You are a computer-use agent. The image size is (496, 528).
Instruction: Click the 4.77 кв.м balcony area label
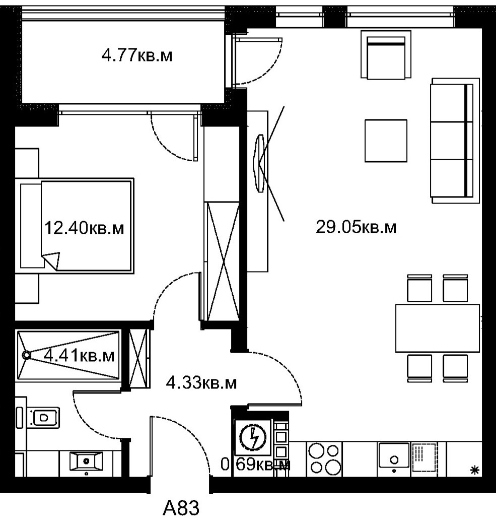click(x=137, y=55)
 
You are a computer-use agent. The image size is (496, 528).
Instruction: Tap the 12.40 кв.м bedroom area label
click(x=84, y=228)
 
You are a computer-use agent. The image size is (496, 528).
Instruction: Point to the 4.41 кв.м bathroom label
click(x=80, y=355)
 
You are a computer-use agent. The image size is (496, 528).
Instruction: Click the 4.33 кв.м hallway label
click(x=201, y=383)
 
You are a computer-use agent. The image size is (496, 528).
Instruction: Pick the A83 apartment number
click(x=181, y=508)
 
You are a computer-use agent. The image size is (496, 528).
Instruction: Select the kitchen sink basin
click(x=394, y=455)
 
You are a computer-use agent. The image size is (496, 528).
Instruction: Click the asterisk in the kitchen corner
click(x=474, y=471)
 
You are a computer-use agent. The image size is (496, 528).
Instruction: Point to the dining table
click(x=438, y=328)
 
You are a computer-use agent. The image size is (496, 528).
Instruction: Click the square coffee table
click(x=386, y=141)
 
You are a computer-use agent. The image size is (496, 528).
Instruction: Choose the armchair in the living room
click(x=386, y=55)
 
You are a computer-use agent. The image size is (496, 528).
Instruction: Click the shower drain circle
click(x=26, y=355)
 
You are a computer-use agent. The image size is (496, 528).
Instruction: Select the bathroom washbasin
click(x=86, y=461)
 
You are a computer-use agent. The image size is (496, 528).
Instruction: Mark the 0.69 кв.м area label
click(x=255, y=465)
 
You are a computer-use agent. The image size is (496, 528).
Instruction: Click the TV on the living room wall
click(x=259, y=163)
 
